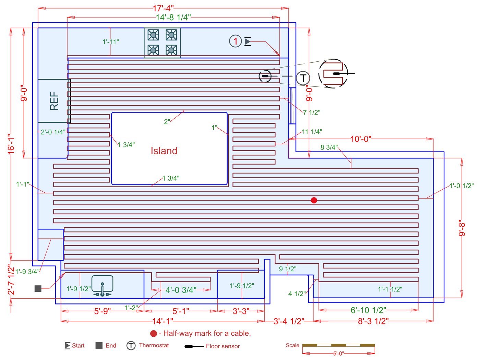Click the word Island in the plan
coord(164,151)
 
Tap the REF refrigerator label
coord(54,101)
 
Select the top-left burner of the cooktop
coord(153,35)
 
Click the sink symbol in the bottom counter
coord(103,286)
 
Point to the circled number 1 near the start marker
coord(236,41)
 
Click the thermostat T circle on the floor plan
coord(303,78)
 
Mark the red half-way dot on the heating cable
coord(314,200)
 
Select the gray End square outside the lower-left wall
coord(38,289)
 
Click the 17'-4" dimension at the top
coord(163,8)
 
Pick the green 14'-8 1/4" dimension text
coord(173,17)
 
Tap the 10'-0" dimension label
coord(361,139)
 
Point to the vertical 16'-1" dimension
coord(11,144)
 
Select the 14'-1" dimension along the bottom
coord(163,321)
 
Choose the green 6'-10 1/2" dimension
coord(368,310)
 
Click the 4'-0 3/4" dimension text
coord(181,290)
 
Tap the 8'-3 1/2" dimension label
coord(373,321)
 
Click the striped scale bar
coord(338,345)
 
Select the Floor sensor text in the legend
coord(223,346)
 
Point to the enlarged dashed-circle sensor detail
coord(333,74)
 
